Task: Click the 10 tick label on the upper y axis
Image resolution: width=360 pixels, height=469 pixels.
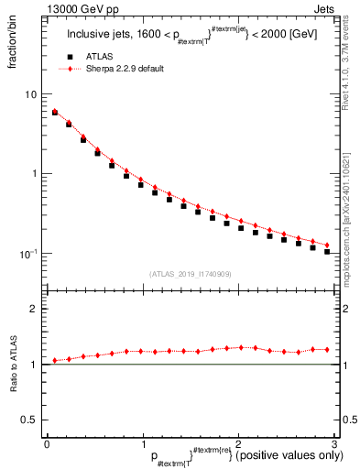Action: coord(30,94)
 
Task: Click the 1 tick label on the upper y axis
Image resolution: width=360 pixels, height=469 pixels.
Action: coord(33,174)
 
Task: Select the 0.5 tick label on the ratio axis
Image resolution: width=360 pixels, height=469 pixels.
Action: coord(29,420)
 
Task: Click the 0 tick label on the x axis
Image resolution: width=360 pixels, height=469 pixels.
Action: coord(47,443)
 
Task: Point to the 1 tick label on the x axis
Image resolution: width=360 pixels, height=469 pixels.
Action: coord(143,443)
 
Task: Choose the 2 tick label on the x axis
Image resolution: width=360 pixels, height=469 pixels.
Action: coord(239,443)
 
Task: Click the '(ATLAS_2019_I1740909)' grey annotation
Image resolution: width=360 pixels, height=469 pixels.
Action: coord(191,274)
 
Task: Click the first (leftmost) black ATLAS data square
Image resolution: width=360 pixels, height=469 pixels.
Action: coord(54,113)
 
